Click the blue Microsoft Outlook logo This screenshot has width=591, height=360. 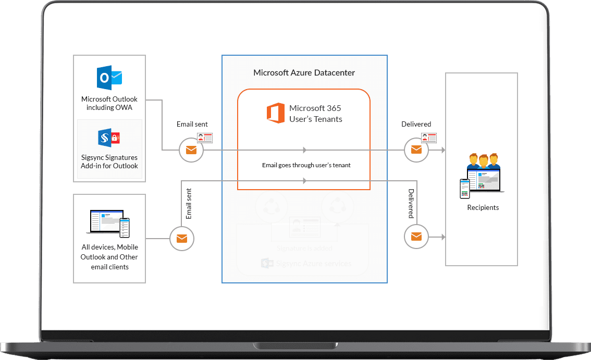(x=109, y=78)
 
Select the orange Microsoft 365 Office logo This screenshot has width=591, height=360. (x=276, y=114)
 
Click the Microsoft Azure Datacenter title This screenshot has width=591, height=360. (x=304, y=73)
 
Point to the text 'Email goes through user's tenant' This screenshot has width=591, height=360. (x=306, y=165)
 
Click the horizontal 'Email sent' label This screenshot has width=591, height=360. (x=192, y=124)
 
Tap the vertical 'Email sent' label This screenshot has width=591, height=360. (x=189, y=204)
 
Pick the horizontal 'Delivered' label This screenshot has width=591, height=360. (x=416, y=124)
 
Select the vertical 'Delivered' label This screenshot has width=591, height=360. (x=411, y=204)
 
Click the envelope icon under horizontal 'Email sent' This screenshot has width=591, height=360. (x=191, y=151)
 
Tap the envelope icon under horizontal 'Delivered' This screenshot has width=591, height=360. (x=416, y=151)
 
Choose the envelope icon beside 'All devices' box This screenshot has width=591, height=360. (x=182, y=239)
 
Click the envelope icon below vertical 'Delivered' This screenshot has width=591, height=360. (x=416, y=237)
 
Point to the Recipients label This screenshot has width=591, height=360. (x=483, y=207)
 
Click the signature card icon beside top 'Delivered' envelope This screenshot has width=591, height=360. (x=429, y=138)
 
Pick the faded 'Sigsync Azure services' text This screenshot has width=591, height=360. (x=313, y=264)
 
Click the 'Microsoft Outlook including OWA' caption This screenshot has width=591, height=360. (x=109, y=103)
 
